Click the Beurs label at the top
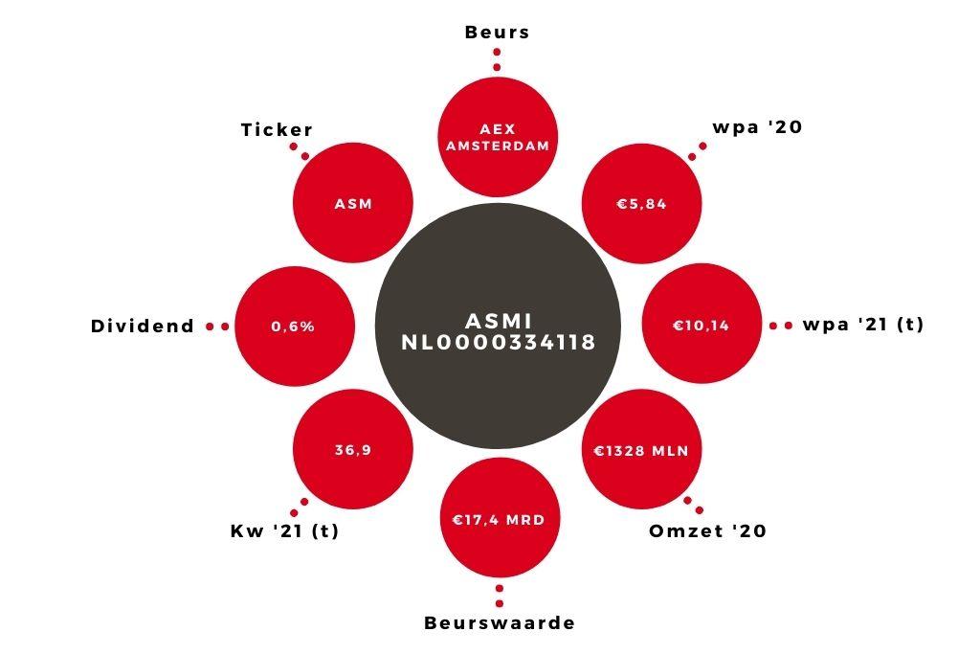[497, 32]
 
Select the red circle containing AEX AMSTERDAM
[498, 138]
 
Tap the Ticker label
[277, 129]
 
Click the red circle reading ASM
[353, 203]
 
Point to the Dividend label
[143, 326]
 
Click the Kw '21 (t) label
[284, 530]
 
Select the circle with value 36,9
[353, 449]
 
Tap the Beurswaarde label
[500, 622]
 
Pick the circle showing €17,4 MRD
[500, 519]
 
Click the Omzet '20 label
[707, 530]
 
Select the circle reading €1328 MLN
[642, 449]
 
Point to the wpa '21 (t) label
[862, 325]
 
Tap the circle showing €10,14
[702, 324]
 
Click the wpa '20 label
[757, 127]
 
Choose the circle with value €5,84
[642, 203]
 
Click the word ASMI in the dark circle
[499, 321]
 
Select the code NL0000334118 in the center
[498, 343]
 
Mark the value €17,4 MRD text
[499, 520]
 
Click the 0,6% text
[293, 327]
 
